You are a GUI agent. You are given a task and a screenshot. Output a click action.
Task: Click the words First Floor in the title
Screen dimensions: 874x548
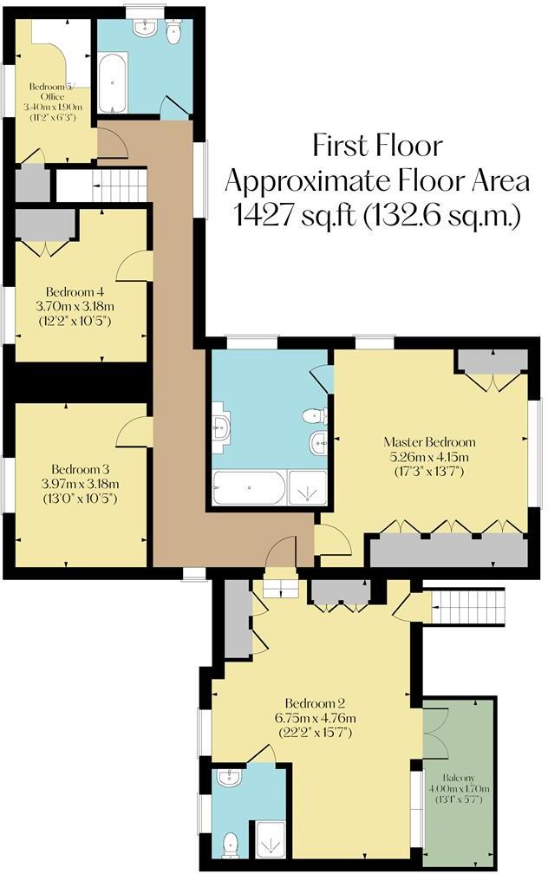(x=377, y=144)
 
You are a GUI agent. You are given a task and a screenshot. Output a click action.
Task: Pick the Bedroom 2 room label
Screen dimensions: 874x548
(x=320, y=703)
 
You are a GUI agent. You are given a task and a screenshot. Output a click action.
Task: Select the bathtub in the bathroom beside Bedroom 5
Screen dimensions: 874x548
(x=113, y=83)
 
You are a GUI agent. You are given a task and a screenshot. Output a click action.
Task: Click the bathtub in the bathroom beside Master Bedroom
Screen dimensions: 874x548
(x=249, y=489)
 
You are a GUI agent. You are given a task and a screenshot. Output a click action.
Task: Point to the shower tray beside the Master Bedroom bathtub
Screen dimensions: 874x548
(x=307, y=489)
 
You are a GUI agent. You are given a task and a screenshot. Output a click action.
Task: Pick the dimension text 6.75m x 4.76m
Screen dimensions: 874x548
(x=320, y=719)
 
